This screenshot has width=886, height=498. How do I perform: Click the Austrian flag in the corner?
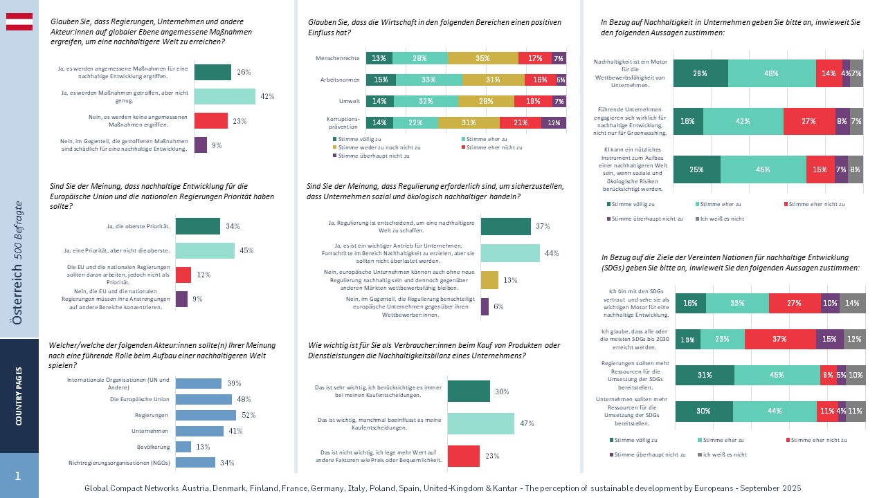click(x=19, y=21)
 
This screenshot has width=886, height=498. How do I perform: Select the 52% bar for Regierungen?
click(x=206, y=415)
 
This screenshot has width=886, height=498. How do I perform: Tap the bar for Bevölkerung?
click(x=183, y=447)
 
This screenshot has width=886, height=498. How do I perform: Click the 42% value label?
click(x=268, y=97)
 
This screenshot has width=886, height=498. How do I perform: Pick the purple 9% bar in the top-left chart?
click(x=201, y=145)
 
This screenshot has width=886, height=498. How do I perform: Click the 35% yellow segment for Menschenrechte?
click(x=482, y=58)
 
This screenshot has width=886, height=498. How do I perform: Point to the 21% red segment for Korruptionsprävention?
click(x=524, y=122)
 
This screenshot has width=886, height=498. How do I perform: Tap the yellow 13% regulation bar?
click(x=489, y=280)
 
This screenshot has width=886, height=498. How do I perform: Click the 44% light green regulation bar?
click(x=510, y=253)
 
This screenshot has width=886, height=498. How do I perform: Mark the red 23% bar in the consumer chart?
click(x=464, y=456)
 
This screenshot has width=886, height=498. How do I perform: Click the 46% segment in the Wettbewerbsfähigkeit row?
click(x=772, y=73)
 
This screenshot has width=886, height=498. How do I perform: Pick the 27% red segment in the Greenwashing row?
click(x=809, y=121)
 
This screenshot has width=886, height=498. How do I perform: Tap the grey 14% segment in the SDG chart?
click(x=852, y=303)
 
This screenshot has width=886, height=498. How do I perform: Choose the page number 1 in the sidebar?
click(x=18, y=476)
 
